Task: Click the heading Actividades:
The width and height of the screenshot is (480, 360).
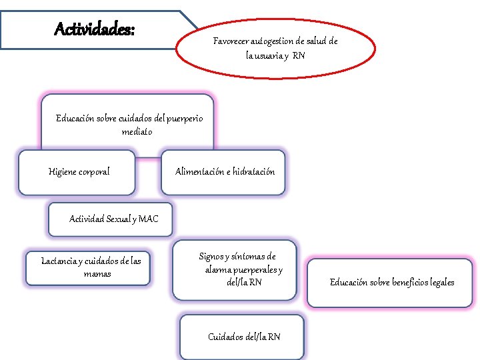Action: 94,29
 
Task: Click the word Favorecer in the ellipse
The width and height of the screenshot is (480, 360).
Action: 231,41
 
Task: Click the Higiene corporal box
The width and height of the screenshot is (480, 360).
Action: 79,172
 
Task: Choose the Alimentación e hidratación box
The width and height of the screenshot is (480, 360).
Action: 225,172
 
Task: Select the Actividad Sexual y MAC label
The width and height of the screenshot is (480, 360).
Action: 114,219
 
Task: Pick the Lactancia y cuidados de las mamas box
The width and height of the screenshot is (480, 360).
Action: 91,267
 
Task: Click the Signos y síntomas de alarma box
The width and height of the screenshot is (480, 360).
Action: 237,269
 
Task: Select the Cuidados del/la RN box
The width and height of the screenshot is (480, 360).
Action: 244,337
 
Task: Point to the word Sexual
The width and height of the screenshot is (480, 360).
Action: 121,219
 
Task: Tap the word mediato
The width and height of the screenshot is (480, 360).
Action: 137,132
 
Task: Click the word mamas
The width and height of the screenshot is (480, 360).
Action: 97,274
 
